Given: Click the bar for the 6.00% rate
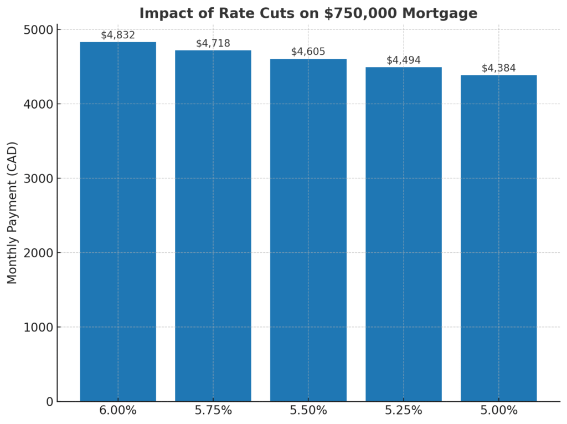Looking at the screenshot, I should click(118, 222).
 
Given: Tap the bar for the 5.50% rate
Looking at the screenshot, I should click(308, 230).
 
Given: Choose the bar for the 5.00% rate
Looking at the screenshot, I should click(498, 238).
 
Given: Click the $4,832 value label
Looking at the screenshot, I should click(118, 35).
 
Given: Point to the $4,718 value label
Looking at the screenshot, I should click(213, 43).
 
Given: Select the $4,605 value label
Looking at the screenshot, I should click(308, 52).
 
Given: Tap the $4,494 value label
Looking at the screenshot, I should click(404, 60).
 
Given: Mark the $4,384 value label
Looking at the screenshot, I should click(498, 68).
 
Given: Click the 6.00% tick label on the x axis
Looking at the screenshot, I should click(118, 411).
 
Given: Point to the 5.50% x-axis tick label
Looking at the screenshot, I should click(308, 411).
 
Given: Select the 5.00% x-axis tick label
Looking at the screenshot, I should click(498, 411).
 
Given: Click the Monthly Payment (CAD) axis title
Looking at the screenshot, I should click(13, 213).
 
